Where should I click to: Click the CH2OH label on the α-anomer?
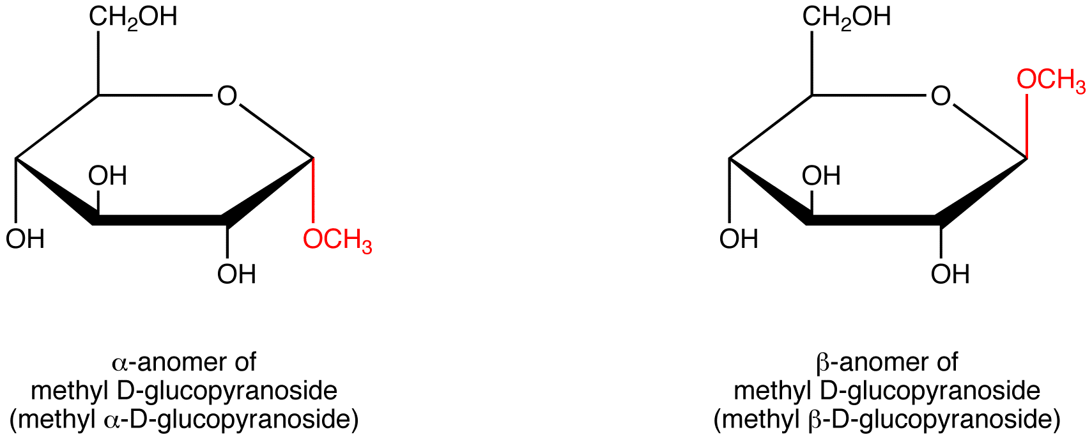(x=133, y=17)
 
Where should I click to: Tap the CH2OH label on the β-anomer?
(x=846, y=17)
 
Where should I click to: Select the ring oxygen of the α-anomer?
(x=227, y=96)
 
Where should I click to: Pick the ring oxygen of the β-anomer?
(x=941, y=96)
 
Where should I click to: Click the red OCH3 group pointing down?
(x=337, y=240)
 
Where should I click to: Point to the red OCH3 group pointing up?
(x=1051, y=81)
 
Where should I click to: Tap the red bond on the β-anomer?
(x=1027, y=126)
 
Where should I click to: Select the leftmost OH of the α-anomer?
(x=26, y=239)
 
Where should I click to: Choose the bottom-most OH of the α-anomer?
(x=236, y=274)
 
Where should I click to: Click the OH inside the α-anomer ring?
(x=108, y=176)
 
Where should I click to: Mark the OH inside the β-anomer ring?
(x=822, y=176)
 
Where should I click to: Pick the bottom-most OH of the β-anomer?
(x=950, y=274)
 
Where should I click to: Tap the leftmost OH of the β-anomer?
(x=739, y=239)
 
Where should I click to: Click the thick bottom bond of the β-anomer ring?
(x=873, y=220)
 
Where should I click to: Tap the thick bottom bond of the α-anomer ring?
(x=159, y=220)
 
